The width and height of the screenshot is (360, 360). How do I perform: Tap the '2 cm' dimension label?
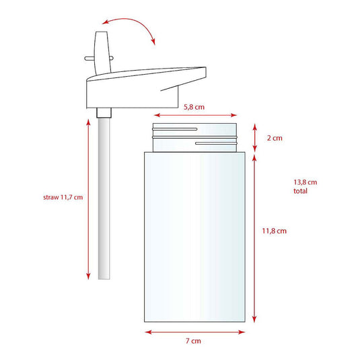(274, 138)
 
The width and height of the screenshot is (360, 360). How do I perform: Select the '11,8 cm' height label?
(274, 231)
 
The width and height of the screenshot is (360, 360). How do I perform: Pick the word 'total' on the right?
(301, 191)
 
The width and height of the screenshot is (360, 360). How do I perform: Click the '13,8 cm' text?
(305, 182)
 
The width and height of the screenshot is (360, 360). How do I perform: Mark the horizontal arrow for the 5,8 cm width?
(195, 114)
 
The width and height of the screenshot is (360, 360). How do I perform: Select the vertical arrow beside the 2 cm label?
(254, 138)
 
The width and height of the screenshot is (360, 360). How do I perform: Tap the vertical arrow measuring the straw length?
(88, 199)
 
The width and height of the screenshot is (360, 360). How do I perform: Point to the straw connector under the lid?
(103, 112)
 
